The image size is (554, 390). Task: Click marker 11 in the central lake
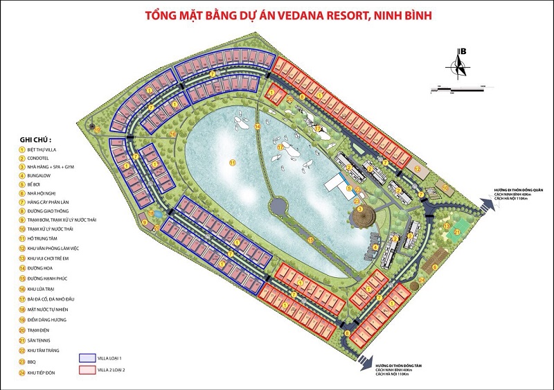pyautogui.click(x=233, y=162)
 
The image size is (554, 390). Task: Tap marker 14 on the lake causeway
pyautogui.click(x=257, y=127)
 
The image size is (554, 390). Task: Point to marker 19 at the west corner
pyautogui.click(x=98, y=130)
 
